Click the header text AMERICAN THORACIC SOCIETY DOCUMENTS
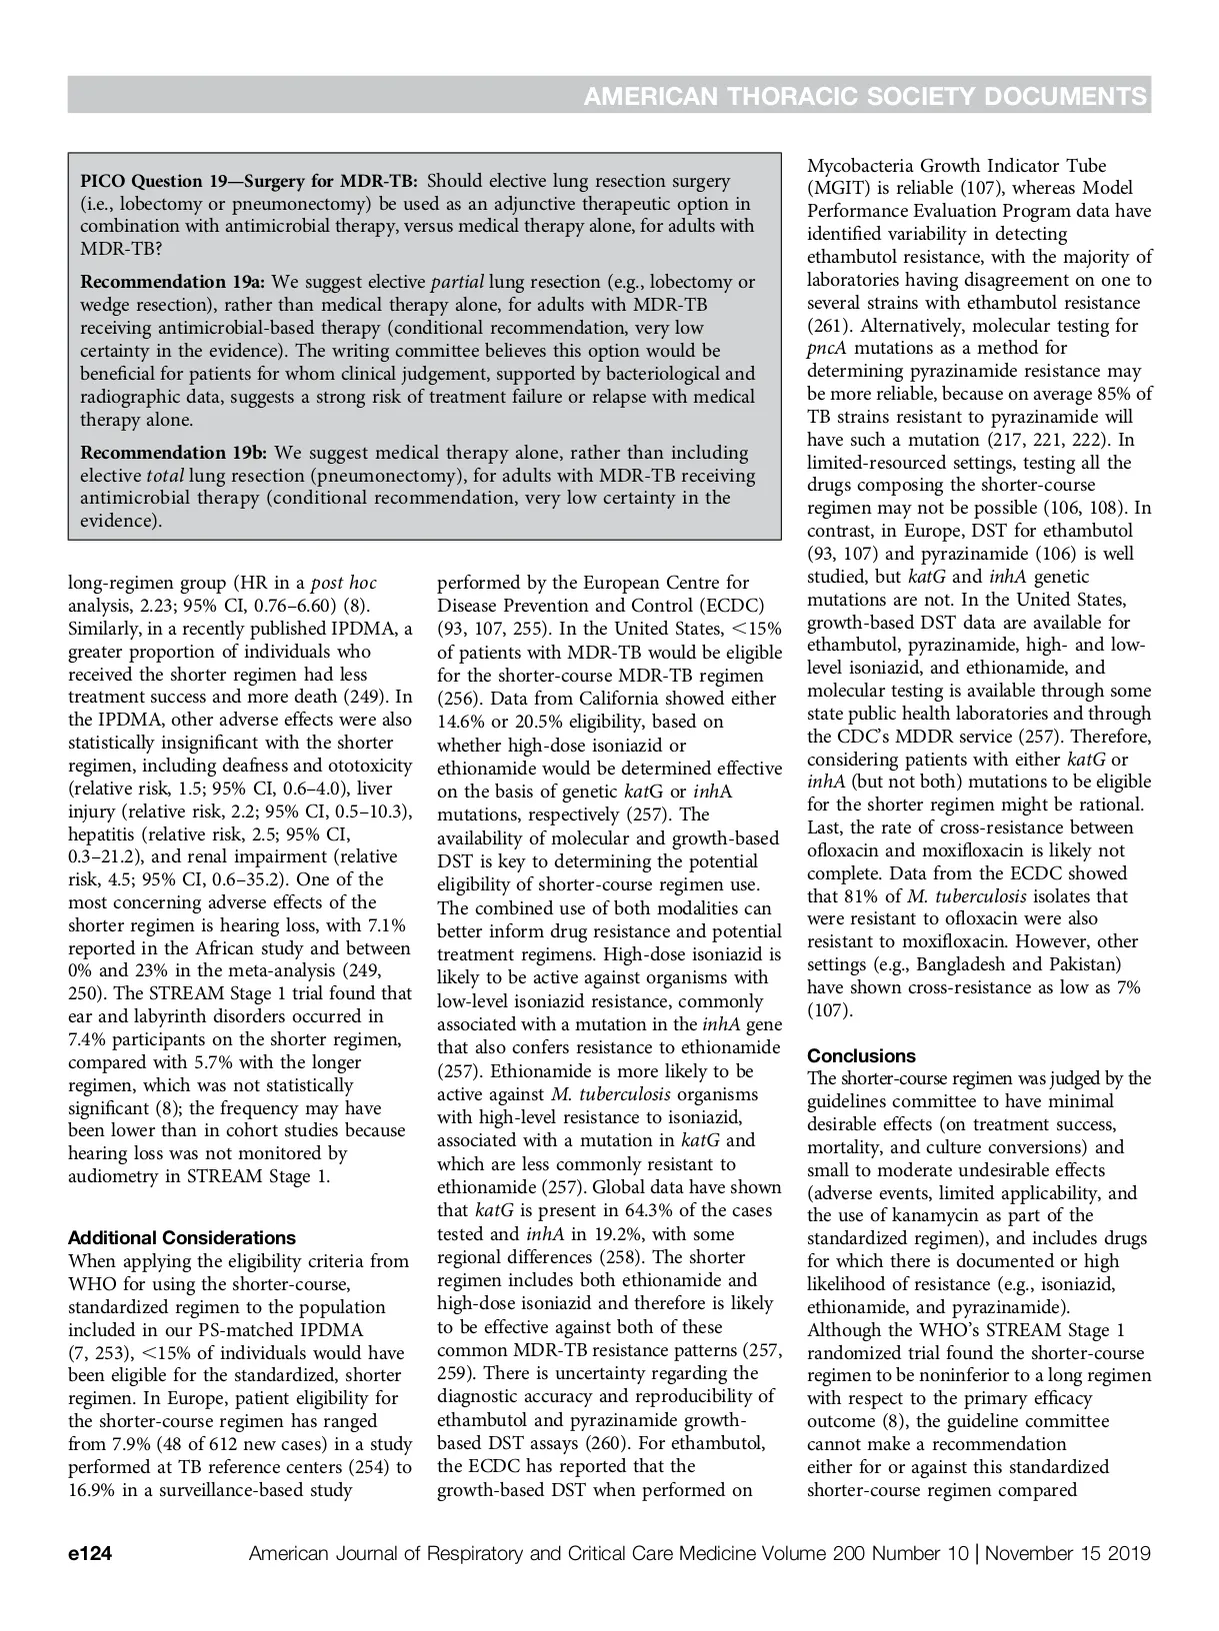pyautogui.click(x=864, y=96)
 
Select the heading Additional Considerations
pyautogui.click(x=182, y=1237)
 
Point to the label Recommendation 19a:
pyautogui.click(x=173, y=282)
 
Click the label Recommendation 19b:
pyautogui.click(x=174, y=453)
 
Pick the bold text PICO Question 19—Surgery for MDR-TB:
pyautogui.click(x=250, y=181)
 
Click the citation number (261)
pyautogui.click(x=831, y=325)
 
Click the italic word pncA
pyautogui.click(x=825, y=348)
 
